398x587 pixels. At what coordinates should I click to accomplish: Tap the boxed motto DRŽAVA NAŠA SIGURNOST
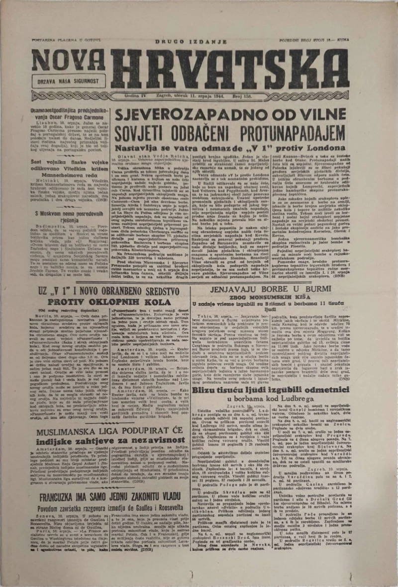(68, 80)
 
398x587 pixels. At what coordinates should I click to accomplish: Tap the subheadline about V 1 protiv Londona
(229, 148)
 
